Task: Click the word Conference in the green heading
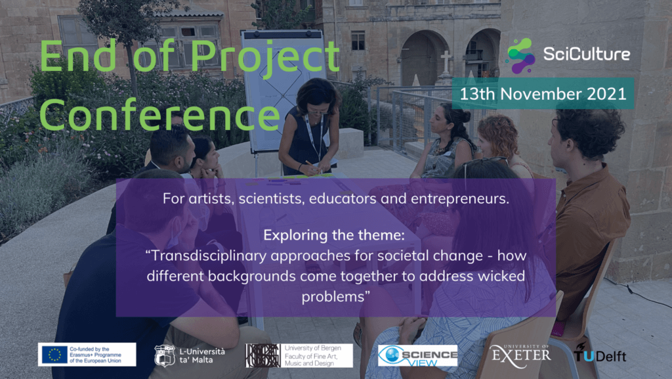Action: [159, 114]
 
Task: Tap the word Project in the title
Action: [265, 57]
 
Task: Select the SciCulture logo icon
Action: [520, 55]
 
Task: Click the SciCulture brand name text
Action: [586, 54]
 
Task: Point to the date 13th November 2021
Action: [543, 93]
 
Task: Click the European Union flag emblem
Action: [55, 355]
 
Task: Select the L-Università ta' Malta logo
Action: [190, 355]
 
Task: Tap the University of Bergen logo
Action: [299, 355]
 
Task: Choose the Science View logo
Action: [417, 355]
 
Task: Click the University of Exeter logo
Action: [520, 355]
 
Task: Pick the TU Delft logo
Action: [600, 353]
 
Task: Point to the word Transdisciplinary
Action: [209, 256]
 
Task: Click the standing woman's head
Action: [318, 97]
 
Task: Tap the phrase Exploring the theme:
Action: [334, 235]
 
